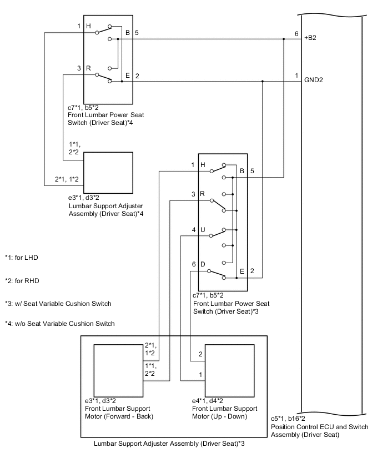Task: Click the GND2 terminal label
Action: [x=314, y=80]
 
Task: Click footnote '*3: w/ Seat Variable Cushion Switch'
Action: [x=58, y=303]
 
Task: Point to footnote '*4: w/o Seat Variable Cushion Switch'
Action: [x=59, y=324]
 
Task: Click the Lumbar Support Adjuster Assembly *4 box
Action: [x=108, y=170]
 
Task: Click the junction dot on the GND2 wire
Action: [x=262, y=81]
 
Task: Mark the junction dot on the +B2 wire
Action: [x=284, y=39]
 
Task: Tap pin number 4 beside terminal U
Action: [x=193, y=229]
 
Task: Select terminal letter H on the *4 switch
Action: [x=88, y=26]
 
